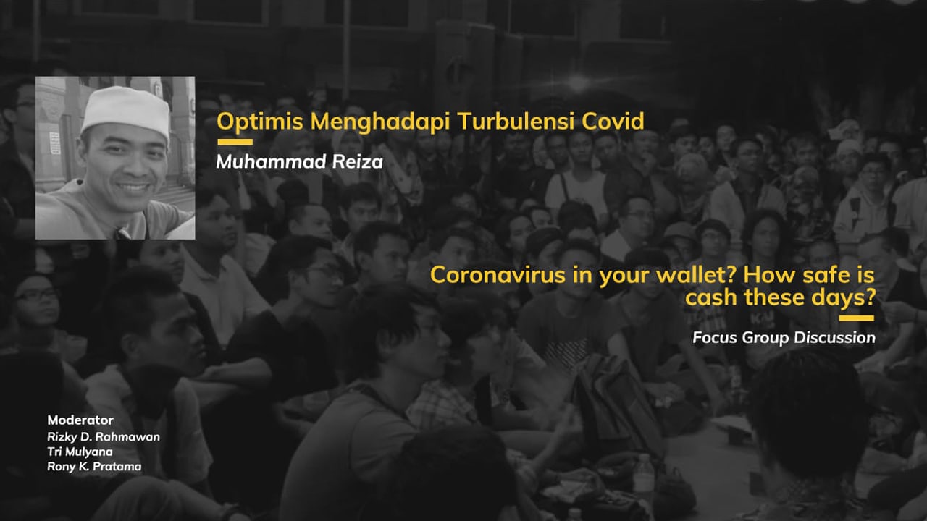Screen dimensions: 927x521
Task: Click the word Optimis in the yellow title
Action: point(260,122)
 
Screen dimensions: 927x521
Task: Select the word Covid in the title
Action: point(613,121)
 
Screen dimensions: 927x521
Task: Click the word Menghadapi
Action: point(380,122)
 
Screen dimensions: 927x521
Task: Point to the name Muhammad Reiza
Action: point(300,161)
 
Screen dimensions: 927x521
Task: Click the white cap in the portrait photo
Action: point(126,111)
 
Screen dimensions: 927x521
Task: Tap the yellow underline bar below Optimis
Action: point(235,142)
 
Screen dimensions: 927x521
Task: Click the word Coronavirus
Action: point(498,275)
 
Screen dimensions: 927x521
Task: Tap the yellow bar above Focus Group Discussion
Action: point(856,318)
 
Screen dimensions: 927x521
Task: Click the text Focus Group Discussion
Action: point(784,338)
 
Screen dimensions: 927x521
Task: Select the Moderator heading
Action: point(80,420)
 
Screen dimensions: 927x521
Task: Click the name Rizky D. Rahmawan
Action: point(104,436)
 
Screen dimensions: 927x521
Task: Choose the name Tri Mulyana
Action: point(80,452)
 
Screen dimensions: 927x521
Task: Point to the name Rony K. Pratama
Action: point(94,467)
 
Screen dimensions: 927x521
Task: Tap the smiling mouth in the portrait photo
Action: point(133,188)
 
